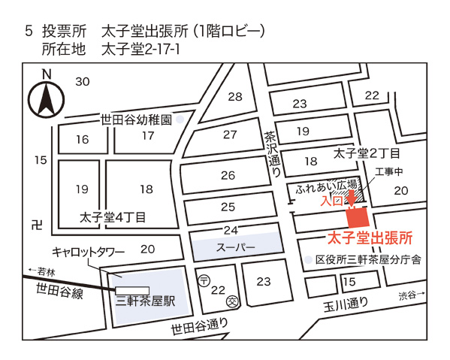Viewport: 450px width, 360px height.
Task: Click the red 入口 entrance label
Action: click(331, 201)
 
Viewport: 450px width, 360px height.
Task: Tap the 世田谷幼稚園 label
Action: click(137, 119)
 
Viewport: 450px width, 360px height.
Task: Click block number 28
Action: click(235, 96)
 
